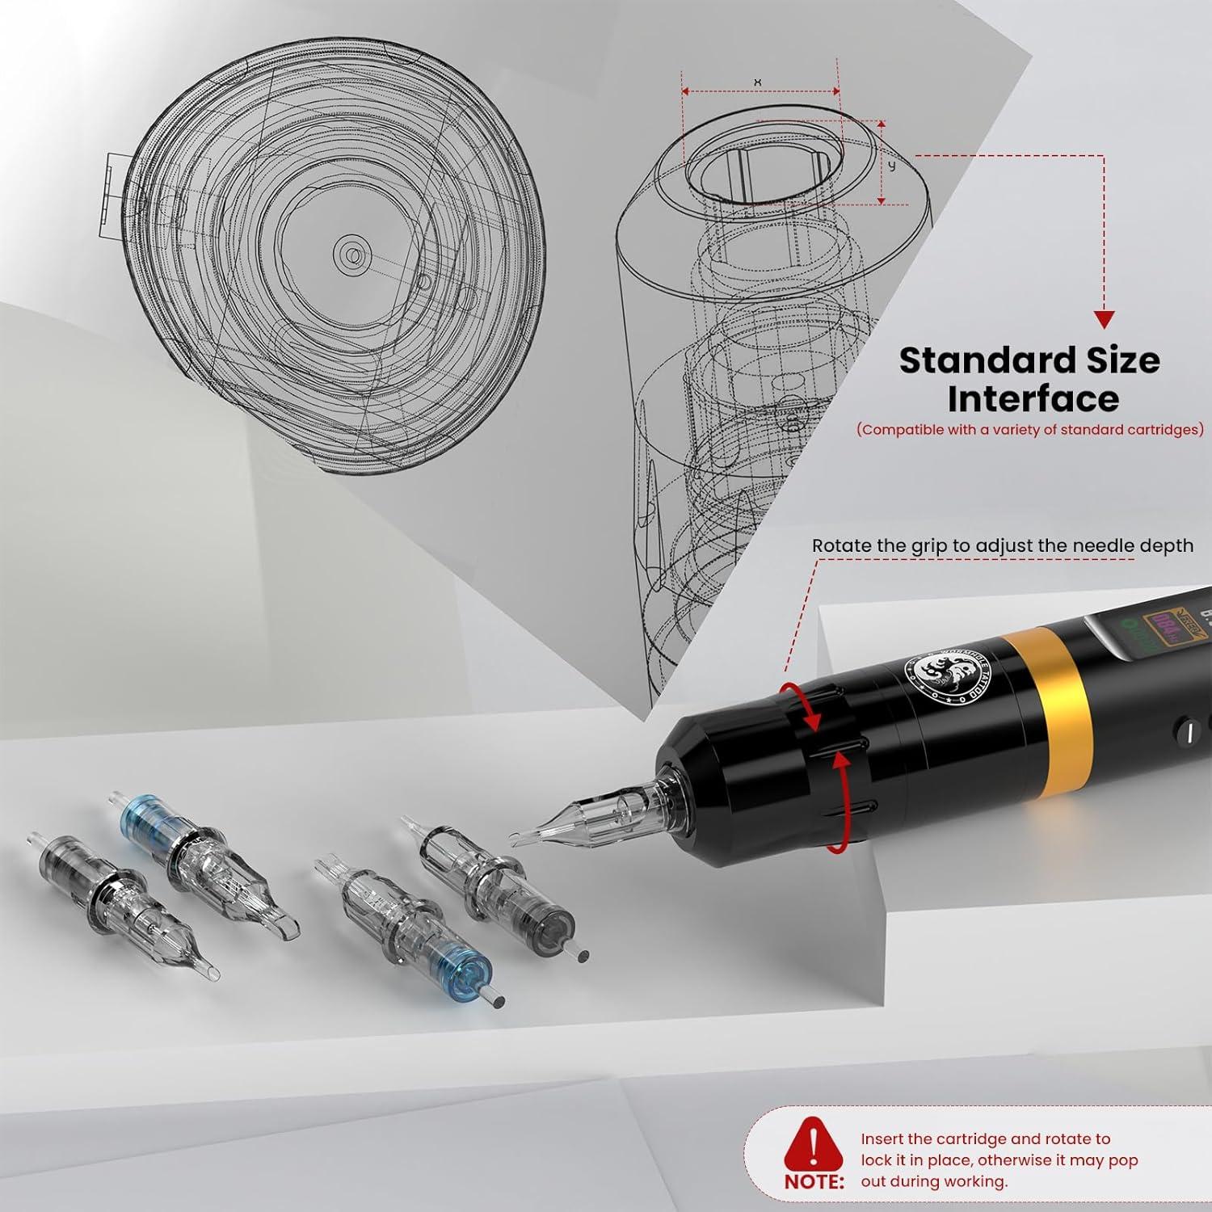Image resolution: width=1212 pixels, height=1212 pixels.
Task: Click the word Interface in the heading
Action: pyautogui.click(x=1033, y=399)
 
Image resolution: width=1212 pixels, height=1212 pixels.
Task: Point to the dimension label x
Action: pyautogui.click(x=757, y=82)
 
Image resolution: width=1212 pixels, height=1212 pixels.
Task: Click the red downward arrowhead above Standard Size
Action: pyautogui.click(x=1104, y=319)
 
